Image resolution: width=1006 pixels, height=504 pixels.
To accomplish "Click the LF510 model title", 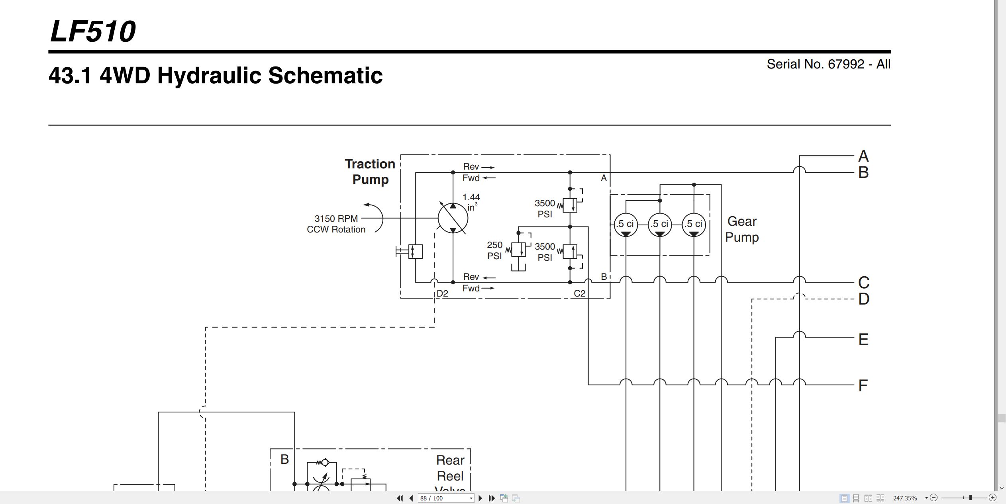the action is coord(93,31).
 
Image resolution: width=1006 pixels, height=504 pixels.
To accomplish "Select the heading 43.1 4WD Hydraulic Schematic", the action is coord(216,75).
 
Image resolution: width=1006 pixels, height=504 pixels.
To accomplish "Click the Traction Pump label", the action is coord(370,172).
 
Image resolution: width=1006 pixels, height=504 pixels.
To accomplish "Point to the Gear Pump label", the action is coord(742,229).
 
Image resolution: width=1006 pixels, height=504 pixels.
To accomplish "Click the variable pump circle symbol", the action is coord(453,218).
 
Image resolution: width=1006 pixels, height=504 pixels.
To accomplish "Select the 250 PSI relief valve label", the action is coord(494,250).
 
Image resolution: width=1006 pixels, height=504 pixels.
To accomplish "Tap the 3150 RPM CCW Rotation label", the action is coord(336,224).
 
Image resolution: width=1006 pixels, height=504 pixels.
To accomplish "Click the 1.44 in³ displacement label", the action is coord(471,202).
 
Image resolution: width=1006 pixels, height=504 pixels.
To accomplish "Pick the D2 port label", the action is coord(442,293).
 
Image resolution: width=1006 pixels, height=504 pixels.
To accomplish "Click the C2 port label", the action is coord(580,293).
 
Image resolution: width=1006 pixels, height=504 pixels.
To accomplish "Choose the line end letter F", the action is coord(863,385).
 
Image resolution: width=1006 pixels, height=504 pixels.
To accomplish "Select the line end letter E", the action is coord(863,340).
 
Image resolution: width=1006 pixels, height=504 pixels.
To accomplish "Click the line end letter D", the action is coord(864,299).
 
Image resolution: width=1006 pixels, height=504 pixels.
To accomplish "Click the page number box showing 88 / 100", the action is coord(446,498).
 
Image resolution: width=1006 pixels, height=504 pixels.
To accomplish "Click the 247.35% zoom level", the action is coord(905,498).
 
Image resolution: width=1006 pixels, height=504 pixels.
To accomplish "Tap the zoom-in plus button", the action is coord(992,498).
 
